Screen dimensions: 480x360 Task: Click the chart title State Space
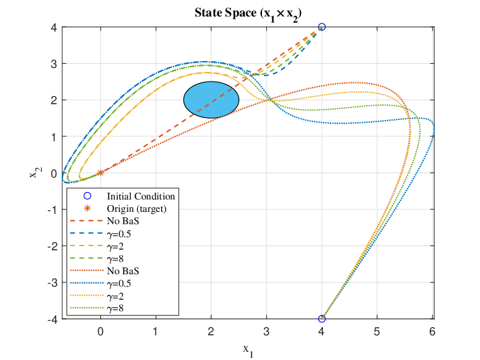click(x=248, y=14)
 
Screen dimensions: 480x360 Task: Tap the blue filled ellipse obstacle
click(x=211, y=100)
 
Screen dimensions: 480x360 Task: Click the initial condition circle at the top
click(x=322, y=27)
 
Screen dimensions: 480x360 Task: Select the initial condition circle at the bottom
click(x=322, y=319)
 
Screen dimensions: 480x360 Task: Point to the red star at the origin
click(x=100, y=173)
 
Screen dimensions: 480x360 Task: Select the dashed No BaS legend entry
click(x=104, y=221)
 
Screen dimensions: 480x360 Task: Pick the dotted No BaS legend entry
click(x=104, y=271)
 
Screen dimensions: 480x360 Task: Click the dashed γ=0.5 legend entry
click(x=100, y=234)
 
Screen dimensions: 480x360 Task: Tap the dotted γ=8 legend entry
click(x=97, y=309)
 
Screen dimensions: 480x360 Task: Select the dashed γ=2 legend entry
click(x=97, y=246)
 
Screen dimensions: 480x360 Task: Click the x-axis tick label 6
click(x=432, y=331)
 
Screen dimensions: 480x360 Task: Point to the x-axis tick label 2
click(x=211, y=331)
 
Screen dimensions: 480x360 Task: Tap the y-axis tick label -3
click(x=52, y=283)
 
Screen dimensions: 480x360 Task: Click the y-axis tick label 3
click(x=54, y=64)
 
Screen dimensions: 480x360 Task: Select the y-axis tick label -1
click(x=52, y=209)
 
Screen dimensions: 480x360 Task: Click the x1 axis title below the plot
click(x=248, y=350)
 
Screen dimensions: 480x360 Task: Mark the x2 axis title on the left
click(x=36, y=172)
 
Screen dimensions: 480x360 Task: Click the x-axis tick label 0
click(x=100, y=331)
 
